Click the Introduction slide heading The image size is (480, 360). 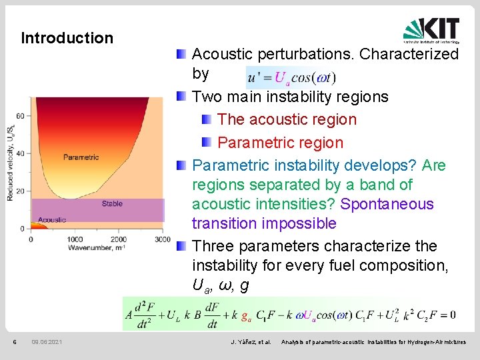[x=67, y=38]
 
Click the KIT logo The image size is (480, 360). [x=431, y=29]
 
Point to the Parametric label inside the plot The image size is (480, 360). [x=81, y=157]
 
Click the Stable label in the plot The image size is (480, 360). [x=112, y=203]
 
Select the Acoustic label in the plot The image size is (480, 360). [x=52, y=219]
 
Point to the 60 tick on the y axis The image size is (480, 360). [x=19, y=115]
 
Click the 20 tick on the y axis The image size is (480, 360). [x=19, y=191]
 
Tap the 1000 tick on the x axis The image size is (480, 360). [x=75, y=239]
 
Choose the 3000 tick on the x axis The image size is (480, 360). [x=162, y=239]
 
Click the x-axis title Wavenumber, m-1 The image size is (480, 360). [x=96, y=248]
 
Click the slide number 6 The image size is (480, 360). [x=14, y=342]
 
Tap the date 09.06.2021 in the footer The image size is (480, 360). [x=47, y=342]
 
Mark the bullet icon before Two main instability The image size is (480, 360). [x=182, y=97]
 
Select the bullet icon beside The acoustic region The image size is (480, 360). [x=207, y=120]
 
